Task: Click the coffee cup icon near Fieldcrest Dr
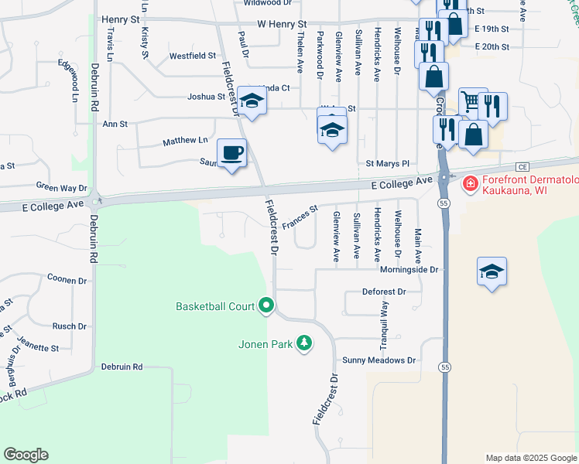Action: coord(231,152)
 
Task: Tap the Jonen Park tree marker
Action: coord(305,343)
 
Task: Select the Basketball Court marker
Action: coord(266,306)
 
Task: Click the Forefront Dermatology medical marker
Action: coord(469,184)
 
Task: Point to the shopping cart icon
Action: coord(471,101)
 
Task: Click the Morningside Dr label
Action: coord(409,270)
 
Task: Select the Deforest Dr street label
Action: coord(384,292)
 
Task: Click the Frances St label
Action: coord(300,217)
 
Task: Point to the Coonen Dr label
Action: coord(67,280)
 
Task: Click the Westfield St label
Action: coord(193,56)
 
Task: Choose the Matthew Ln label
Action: coord(185,141)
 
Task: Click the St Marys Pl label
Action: coord(387,164)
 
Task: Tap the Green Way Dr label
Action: coord(62,187)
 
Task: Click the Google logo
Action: coord(26,455)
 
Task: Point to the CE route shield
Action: coord(522,166)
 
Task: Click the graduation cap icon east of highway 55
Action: coord(492,271)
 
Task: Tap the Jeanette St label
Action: coord(38,348)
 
